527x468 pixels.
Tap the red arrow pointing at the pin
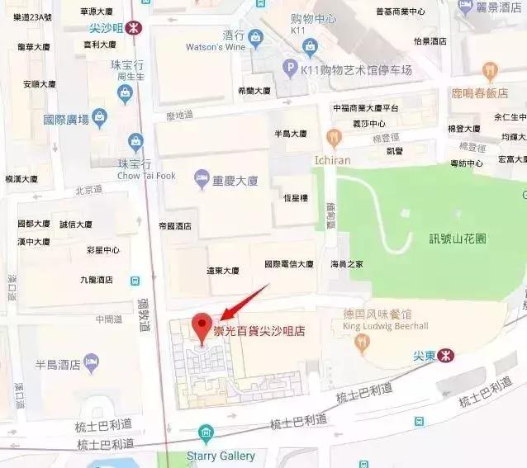coord(244,301)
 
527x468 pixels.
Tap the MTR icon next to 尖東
coord(445,356)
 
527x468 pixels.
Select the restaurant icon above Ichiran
coord(334,135)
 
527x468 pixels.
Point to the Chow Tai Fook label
coord(146,176)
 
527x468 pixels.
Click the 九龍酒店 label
coord(96,280)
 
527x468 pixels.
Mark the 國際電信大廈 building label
coord(288,264)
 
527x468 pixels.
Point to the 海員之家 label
coord(345,264)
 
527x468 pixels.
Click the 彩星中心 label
coord(102,250)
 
